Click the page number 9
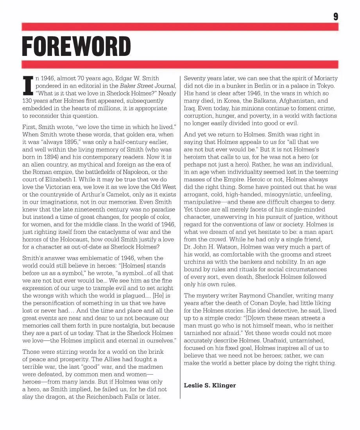335,16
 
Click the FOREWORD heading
76,47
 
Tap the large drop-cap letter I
28,86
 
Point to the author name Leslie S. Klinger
210,385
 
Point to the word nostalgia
131,326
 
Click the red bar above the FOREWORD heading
180,27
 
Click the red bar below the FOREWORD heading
180,64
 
